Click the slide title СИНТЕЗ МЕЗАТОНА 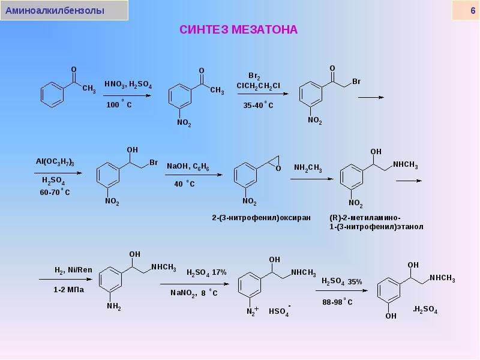coord(238,29)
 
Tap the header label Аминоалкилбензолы coord(55,11)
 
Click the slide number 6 coord(473,11)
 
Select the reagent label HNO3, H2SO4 coord(128,84)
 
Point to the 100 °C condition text coord(119,104)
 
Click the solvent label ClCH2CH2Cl coord(259,86)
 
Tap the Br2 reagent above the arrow coord(254,76)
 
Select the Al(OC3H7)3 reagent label coord(55,162)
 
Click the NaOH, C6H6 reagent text coord(188,167)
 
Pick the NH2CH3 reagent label coord(308,168)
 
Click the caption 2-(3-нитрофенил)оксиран coord(261,218)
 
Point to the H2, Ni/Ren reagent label coord(73,270)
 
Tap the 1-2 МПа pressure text coord(68,289)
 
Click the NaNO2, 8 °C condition coord(194,293)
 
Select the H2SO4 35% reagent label coord(341,281)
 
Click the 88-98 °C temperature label coord(337,302)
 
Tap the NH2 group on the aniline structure coord(114,307)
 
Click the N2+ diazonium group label coord(253,311)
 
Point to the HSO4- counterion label coord(280,311)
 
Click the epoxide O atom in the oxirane coord(278,169)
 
